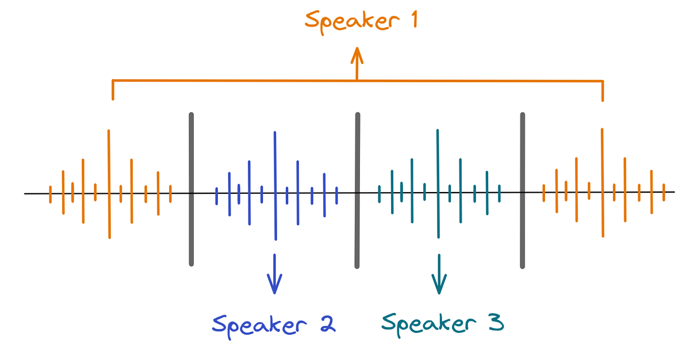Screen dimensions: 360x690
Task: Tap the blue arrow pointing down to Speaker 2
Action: [275, 276]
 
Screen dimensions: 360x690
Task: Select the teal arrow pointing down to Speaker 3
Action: [439, 276]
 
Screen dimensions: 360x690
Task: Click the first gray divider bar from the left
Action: [191, 189]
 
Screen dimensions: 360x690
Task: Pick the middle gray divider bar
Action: [357, 190]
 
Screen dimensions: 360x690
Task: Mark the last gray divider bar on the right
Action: [523, 190]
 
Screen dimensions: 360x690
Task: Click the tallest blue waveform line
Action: [275, 186]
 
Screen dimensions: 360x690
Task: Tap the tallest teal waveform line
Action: [438, 183]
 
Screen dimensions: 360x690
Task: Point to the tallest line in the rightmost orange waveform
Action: [602, 182]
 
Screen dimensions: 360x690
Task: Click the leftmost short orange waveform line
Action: [51, 194]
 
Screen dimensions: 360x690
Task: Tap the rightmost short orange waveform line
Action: [664, 193]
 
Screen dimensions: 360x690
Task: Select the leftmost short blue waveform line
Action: [216, 196]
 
